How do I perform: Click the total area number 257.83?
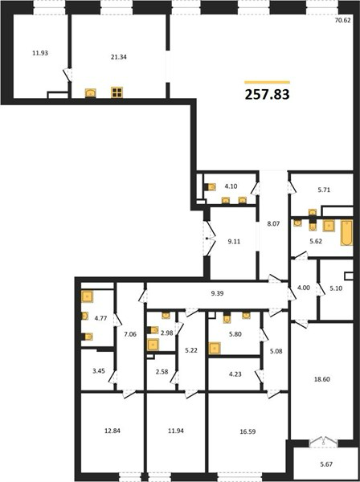[x=267, y=94]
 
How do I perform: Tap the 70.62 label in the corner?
[x=342, y=21]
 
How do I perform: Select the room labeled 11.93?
[x=40, y=53]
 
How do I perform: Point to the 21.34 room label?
[x=119, y=57]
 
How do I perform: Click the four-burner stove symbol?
[x=117, y=92]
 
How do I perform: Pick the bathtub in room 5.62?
[x=346, y=233]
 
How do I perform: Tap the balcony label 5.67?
[x=326, y=464]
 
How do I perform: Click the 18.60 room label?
[x=322, y=379]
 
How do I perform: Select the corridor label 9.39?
[x=217, y=293]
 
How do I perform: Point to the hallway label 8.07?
[x=273, y=224]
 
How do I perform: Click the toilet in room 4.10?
[x=211, y=187]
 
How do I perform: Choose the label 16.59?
[x=247, y=431]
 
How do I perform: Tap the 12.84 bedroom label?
[x=112, y=431]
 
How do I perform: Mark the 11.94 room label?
[x=176, y=431]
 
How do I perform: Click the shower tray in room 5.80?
[x=215, y=349]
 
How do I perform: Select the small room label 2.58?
[x=162, y=372]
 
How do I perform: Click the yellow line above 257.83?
[x=267, y=82]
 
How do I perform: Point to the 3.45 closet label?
[x=99, y=371]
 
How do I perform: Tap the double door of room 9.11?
[x=210, y=239]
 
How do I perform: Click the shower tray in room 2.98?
[x=153, y=345]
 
